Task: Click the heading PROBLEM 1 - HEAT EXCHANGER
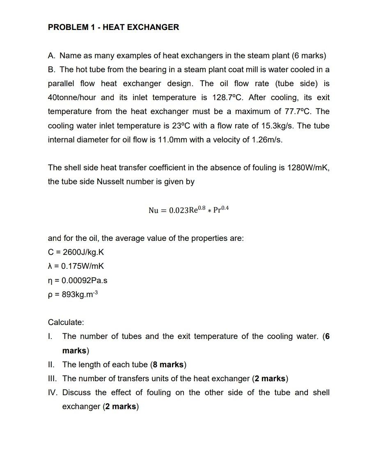113,27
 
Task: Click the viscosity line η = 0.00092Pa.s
78,281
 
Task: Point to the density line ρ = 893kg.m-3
73,295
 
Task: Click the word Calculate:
66,323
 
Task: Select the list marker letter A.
51,56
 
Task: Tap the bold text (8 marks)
168,365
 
